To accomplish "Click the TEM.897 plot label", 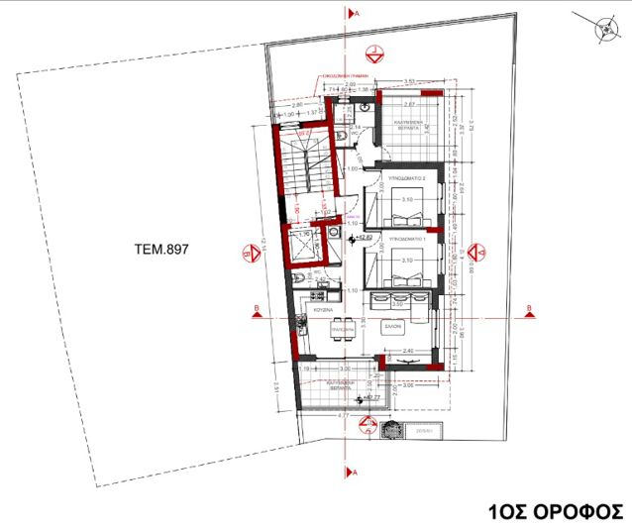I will pos(160,251).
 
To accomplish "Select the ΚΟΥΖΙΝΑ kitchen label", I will pos(325,310).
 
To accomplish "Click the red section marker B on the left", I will pos(257,311).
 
